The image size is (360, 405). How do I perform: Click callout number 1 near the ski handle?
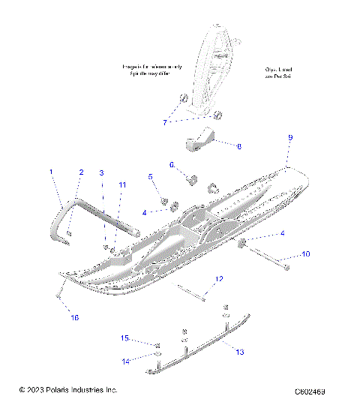[x=51, y=172]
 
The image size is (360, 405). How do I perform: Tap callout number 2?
[x=81, y=172]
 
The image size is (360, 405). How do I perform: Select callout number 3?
[x=102, y=172]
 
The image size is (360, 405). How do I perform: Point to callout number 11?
[x=123, y=184]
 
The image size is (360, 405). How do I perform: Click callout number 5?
[x=150, y=176]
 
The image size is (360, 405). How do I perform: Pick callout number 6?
[x=171, y=164]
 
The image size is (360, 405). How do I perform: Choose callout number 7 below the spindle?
[x=166, y=121]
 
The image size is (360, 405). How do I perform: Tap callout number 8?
[x=238, y=146]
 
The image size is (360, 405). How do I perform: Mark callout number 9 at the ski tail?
[x=289, y=138]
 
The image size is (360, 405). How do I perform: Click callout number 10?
[x=305, y=254]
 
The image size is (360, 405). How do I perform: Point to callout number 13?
[x=240, y=351]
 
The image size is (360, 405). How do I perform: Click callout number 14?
[x=125, y=361]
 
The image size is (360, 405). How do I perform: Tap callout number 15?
[x=125, y=338]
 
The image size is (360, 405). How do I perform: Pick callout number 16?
[x=74, y=318]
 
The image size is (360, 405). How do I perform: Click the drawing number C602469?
[x=315, y=391]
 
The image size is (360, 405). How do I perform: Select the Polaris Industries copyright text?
[x=67, y=390]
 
